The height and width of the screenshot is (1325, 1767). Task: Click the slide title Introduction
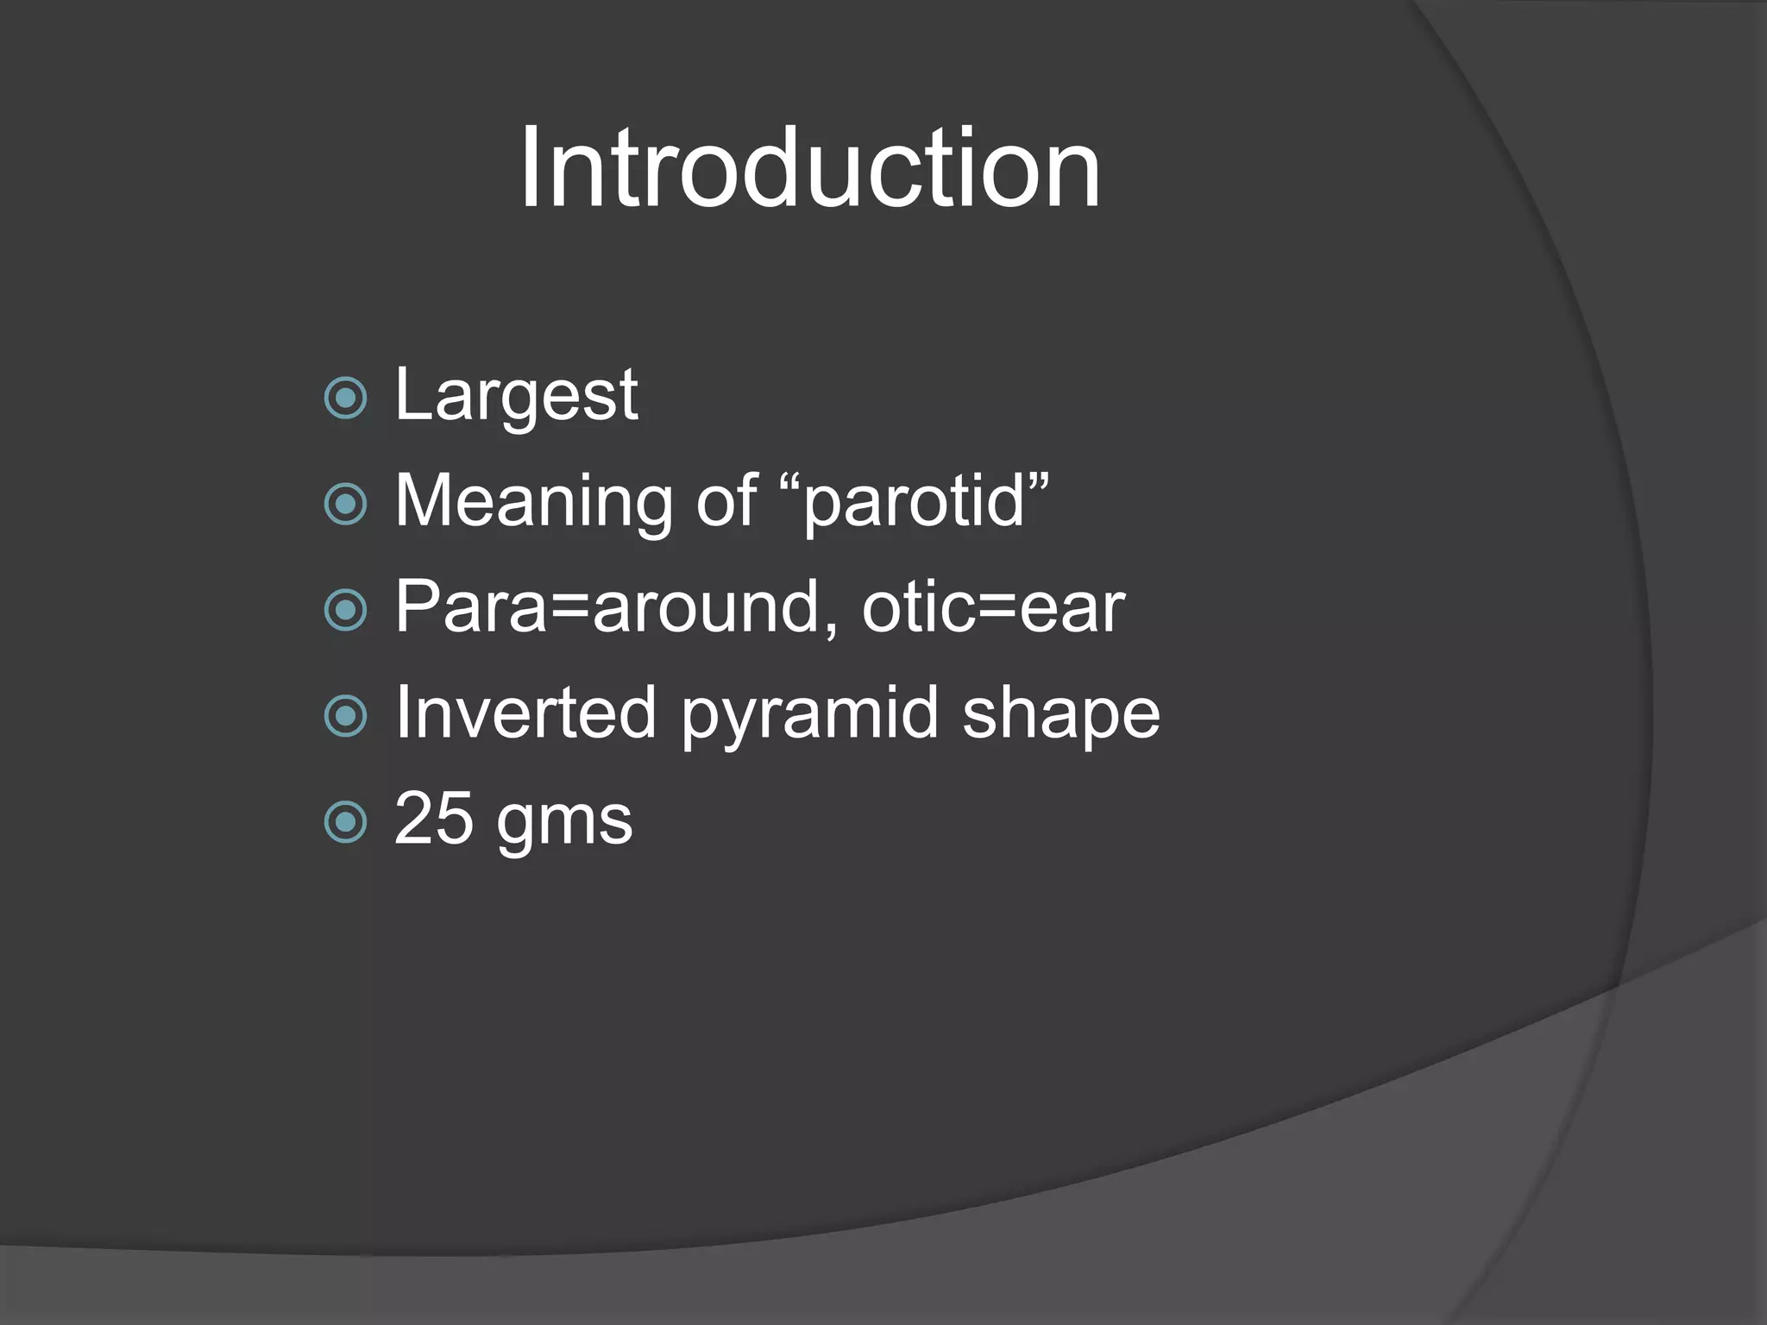(809, 168)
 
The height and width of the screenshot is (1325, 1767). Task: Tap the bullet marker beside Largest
(346, 398)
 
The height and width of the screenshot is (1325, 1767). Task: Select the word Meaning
(533, 502)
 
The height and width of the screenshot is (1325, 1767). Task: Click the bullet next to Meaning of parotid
(346, 504)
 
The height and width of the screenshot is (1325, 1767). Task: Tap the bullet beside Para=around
(346, 610)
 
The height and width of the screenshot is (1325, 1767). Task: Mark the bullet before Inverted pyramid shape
(346, 716)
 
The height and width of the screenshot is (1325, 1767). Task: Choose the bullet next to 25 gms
(346, 822)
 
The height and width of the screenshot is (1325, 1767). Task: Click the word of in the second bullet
(726, 502)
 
